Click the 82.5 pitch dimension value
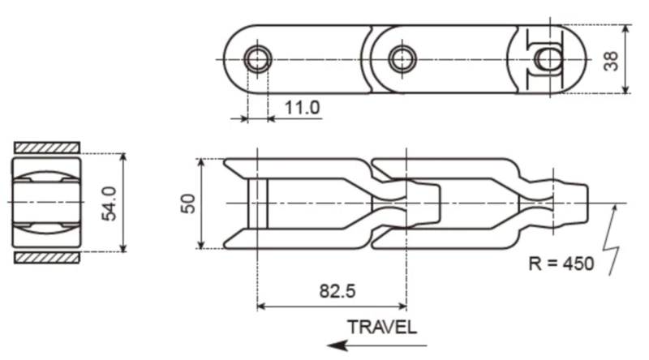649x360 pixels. [x=333, y=290]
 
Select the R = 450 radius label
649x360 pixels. [x=559, y=264]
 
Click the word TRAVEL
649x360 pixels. [x=381, y=327]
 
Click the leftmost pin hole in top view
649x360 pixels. [x=257, y=58]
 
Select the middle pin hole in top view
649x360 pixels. [x=402, y=58]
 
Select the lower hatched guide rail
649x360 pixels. [x=47, y=257]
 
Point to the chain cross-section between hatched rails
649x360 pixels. [x=47, y=202]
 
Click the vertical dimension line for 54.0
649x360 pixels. [x=122, y=203]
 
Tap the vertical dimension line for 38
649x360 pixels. [x=625, y=59]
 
